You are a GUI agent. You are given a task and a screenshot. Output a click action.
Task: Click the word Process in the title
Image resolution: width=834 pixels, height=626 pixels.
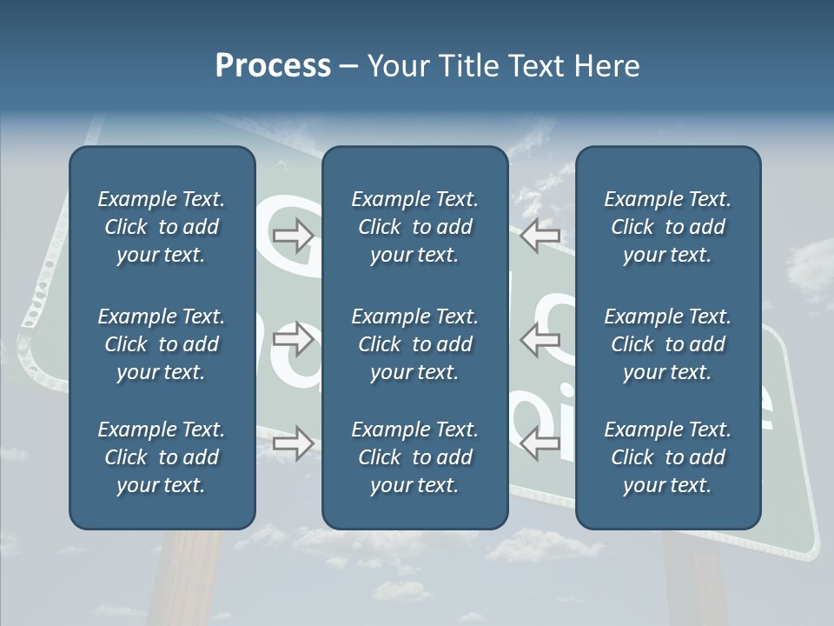click(x=273, y=66)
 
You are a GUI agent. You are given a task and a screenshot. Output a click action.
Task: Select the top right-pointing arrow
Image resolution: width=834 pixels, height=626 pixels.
click(x=293, y=235)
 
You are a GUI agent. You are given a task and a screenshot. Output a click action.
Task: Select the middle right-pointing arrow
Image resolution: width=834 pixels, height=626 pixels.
click(x=293, y=339)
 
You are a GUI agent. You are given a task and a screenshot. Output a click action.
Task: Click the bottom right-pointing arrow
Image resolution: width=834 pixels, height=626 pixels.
click(x=293, y=443)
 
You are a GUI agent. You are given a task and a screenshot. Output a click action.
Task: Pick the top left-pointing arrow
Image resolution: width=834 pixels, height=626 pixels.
click(x=539, y=235)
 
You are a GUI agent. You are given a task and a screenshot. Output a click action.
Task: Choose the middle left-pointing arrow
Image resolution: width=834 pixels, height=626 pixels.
click(x=539, y=339)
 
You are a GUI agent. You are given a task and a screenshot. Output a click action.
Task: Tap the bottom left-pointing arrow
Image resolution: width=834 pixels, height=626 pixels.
click(x=539, y=443)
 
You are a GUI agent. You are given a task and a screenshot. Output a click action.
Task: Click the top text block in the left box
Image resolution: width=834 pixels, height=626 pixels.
click(x=162, y=227)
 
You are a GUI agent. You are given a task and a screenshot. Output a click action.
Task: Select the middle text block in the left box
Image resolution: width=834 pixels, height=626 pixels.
click(x=162, y=344)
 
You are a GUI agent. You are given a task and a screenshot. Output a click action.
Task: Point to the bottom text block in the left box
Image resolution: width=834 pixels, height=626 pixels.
click(x=162, y=457)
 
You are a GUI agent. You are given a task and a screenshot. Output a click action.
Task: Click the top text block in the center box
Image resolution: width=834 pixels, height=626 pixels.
click(x=415, y=227)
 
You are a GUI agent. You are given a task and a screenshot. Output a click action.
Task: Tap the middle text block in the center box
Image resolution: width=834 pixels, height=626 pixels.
click(x=415, y=344)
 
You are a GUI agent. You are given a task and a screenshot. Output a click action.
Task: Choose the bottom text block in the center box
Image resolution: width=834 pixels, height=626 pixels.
click(x=415, y=457)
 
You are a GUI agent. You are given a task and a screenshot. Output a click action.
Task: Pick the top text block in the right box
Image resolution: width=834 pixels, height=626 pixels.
click(x=668, y=227)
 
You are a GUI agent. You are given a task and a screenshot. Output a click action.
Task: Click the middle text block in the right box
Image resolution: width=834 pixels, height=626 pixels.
click(x=668, y=344)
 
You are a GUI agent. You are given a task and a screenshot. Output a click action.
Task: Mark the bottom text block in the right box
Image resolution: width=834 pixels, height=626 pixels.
click(x=668, y=457)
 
